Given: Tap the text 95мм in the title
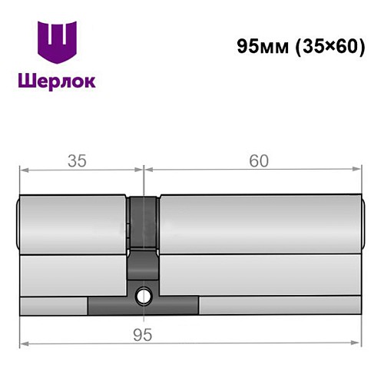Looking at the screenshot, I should [x=260, y=46].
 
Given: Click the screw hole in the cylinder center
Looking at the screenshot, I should [x=144, y=294].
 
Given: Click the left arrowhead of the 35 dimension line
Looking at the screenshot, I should [x=24, y=170].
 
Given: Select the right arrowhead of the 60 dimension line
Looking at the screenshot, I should [x=356, y=170].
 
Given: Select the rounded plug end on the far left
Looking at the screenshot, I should [x=18, y=223].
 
